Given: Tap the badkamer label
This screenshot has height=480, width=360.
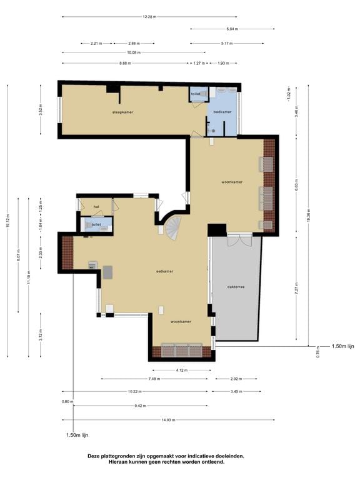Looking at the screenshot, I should [222, 112].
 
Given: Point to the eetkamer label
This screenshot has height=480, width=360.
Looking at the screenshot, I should [165, 272].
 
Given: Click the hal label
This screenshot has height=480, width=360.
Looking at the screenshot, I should [96, 206].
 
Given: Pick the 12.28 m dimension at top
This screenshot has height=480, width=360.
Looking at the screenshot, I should [148, 17].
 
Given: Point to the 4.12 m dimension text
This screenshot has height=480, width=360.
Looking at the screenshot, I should [180, 370].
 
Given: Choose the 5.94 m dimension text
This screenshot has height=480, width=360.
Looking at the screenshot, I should [232, 29].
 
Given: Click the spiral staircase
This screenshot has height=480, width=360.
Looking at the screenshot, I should [173, 229].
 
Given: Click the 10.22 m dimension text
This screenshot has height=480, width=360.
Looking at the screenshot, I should [134, 391].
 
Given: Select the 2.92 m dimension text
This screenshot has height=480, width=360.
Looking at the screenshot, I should [235, 379].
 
